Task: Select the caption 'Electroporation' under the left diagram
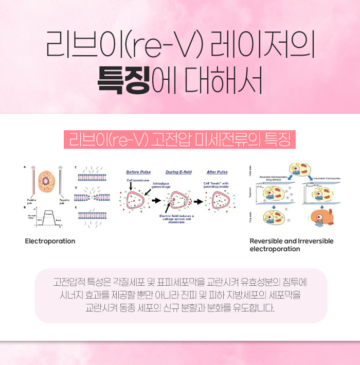pyautogui.click(x=50, y=241)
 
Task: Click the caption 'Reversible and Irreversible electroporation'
pyautogui.click(x=291, y=245)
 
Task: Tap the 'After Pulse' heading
pyautogui.click(x=217, y=172)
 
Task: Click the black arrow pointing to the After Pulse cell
pyautogui.click(x=197, y=200)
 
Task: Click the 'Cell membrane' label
pyautogui.click(x=138, y=181)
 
